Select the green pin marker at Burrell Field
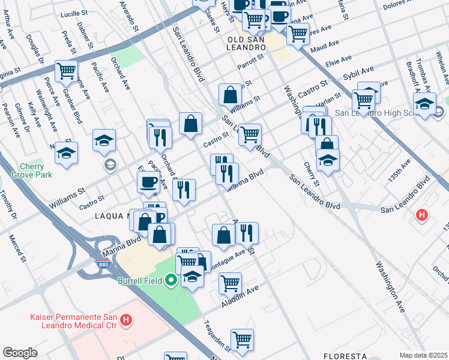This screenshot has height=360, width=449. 172,280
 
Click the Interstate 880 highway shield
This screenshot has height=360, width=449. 103,263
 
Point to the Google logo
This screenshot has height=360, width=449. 20,353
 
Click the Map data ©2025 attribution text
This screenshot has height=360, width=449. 423,355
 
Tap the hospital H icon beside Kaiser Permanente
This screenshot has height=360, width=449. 125,321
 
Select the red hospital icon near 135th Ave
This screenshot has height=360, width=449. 422,214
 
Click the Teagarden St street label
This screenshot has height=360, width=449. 220,336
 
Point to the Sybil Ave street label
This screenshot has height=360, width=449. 358,74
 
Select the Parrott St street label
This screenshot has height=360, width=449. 251,60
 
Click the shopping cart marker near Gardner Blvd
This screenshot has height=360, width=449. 66,71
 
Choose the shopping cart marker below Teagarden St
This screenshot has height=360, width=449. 242,340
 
